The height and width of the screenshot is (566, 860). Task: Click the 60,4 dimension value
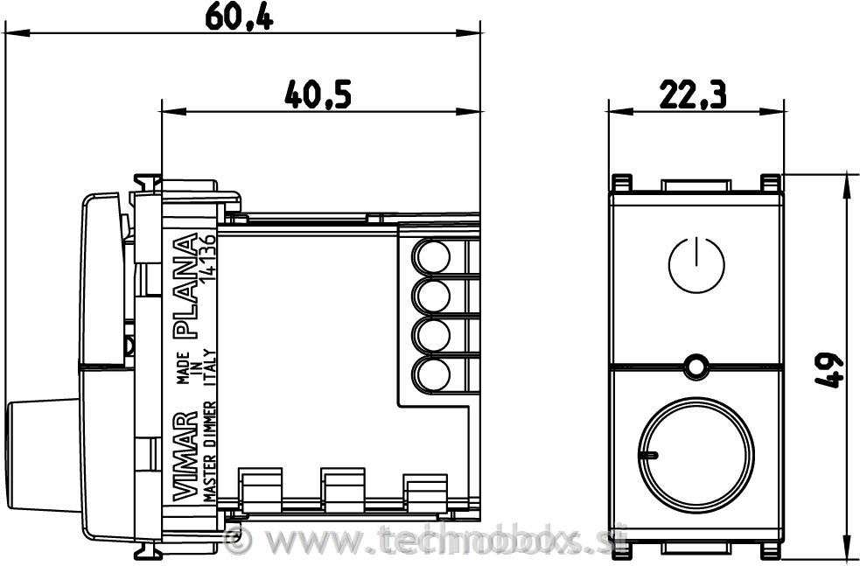(239, 17)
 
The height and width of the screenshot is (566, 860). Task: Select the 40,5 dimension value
(318, 94)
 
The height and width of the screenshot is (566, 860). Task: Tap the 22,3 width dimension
(693, 94)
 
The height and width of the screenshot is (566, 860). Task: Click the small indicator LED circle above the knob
(696, 366)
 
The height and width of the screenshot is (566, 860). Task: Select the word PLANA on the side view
(185, 285)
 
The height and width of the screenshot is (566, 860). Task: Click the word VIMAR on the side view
(185, 457)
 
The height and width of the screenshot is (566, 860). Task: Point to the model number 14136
(208, 260)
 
